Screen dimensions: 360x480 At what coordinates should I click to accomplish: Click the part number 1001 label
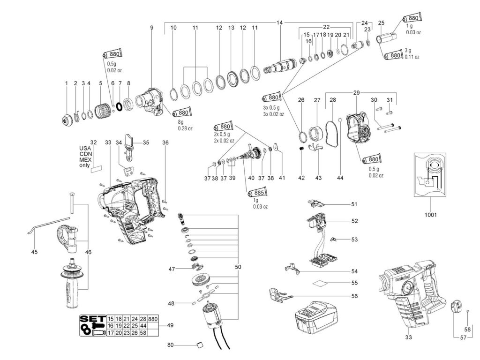(431, 215)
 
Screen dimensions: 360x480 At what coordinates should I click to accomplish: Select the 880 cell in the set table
(153, 319)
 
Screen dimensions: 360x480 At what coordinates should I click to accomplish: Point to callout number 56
(354, 296)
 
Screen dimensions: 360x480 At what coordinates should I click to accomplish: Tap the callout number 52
(354, 221)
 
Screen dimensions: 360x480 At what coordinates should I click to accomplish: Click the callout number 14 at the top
(280, 23)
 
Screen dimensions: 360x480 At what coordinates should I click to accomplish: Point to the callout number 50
(238, 267)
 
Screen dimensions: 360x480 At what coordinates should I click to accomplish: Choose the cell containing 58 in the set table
(143, 333)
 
